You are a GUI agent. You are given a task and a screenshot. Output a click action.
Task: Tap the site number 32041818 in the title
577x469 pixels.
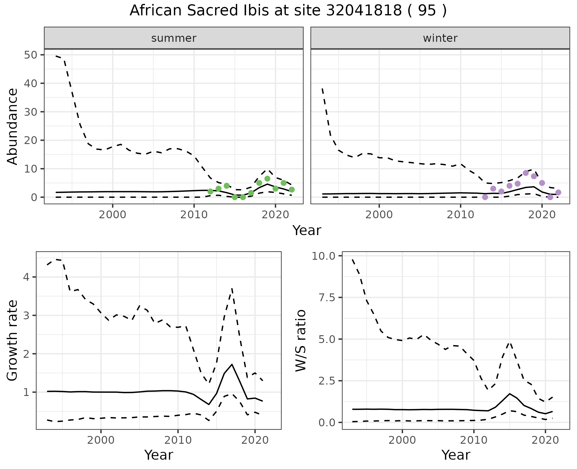[x=364, y=11]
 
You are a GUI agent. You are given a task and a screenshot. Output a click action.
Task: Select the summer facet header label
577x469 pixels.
[x=174, y=38]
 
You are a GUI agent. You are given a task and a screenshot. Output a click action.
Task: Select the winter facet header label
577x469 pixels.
[x=440, y=38]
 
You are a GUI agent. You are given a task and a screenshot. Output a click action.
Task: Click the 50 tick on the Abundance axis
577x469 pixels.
[x=31, y=55]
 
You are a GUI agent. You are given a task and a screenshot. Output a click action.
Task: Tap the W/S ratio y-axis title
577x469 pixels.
[x=301, y=341]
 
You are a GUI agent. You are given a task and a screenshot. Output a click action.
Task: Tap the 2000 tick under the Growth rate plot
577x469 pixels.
[x=101, y=440]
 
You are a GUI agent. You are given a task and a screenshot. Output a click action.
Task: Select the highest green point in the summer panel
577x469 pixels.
[x=267, y=179]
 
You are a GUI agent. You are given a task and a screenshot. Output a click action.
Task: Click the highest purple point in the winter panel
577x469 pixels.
[x=526, y=173]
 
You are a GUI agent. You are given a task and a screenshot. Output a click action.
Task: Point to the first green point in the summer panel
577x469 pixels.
[x=210, y=192]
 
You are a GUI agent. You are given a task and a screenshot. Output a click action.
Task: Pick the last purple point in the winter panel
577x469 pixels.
[x=558, y=192]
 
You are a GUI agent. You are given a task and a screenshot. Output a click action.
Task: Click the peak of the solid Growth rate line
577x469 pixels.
[x=232, y=364]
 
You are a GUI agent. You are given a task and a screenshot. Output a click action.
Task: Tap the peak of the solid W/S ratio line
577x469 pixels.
[x=509, y=394]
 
